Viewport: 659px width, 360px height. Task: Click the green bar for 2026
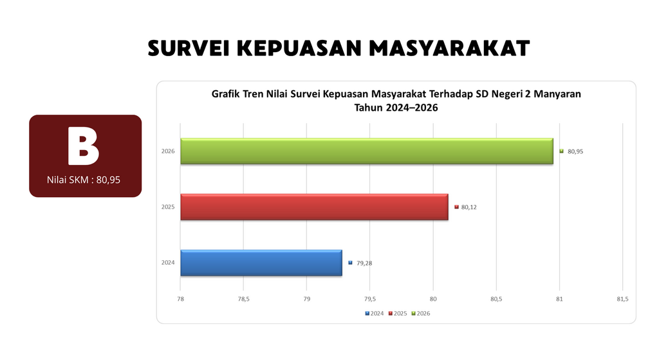tap(367, 151)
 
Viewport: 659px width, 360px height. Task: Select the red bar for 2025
tap(314, 207)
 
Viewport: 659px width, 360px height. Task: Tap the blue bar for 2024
tap(261, 263)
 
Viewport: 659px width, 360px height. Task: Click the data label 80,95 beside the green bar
tap(575, 151)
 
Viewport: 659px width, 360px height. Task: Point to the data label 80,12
tap(469, 207)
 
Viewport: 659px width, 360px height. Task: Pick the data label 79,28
tap(364, 263)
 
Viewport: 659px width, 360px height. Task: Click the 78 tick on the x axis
tap(180, 299)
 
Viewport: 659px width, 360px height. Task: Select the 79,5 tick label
tap(370, 299)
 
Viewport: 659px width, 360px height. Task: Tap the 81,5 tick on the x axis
tap(622, 299)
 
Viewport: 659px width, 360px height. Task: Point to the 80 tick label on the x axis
tap(433, 299)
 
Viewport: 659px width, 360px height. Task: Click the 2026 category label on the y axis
tap(168, 151)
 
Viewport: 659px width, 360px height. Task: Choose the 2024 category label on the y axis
tap(168, 262)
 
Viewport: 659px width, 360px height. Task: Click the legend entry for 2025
tap(398, 314)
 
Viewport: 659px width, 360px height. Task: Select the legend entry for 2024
tap(375, 314)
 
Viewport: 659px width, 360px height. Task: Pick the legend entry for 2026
tap(421, 314)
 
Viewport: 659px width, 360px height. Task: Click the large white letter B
tap(83, 146)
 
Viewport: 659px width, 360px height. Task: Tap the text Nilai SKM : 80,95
tap(84, 180)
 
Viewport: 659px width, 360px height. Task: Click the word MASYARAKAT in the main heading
tap(449, 48)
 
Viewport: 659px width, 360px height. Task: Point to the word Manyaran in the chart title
tap(557, 94)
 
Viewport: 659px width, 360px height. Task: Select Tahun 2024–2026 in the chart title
tap(396, 108)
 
